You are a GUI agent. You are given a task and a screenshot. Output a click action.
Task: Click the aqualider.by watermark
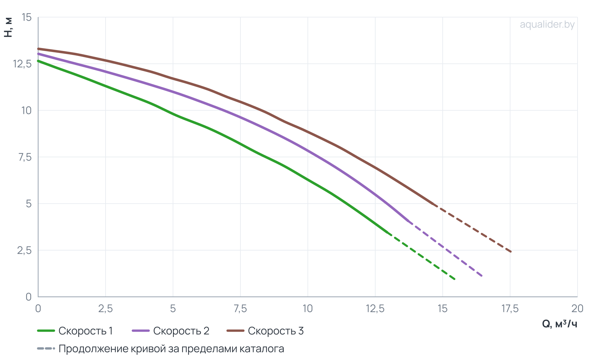coord(547,25)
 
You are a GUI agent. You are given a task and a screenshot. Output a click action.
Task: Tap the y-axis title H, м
coord(8,27)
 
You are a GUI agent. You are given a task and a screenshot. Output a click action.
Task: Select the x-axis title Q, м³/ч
coord(559,324)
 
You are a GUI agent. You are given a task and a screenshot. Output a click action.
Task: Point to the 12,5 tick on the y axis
coord(22,64)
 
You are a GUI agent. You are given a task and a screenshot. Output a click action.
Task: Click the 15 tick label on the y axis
coord(26,17)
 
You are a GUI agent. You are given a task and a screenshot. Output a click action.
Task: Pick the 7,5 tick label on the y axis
coord(25,157)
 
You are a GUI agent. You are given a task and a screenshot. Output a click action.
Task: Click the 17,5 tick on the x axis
coord(510,309)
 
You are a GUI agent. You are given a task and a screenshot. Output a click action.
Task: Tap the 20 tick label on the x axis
coord(577,309)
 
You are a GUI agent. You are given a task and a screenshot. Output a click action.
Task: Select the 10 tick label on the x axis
coord(308,309)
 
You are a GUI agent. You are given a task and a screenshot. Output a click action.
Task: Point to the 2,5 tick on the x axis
coord(106,309)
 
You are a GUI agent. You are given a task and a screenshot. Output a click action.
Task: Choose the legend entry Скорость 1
coord(75,331)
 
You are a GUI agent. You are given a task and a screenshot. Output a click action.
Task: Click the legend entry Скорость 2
coord(170,331)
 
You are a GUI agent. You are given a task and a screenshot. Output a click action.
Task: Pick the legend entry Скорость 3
coord(265,331)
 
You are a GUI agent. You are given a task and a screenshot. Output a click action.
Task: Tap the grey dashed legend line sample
coord(46,348)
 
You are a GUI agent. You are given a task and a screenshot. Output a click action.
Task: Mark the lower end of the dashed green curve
coord(455,279)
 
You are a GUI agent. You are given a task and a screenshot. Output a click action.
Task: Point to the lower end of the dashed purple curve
coord(482,276)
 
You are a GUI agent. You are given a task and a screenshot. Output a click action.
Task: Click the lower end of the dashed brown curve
coord(511,252)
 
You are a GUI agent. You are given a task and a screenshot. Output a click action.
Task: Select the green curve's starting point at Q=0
coord(38,61)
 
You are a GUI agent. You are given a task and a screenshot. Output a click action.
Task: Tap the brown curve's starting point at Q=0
coord(38,49)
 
